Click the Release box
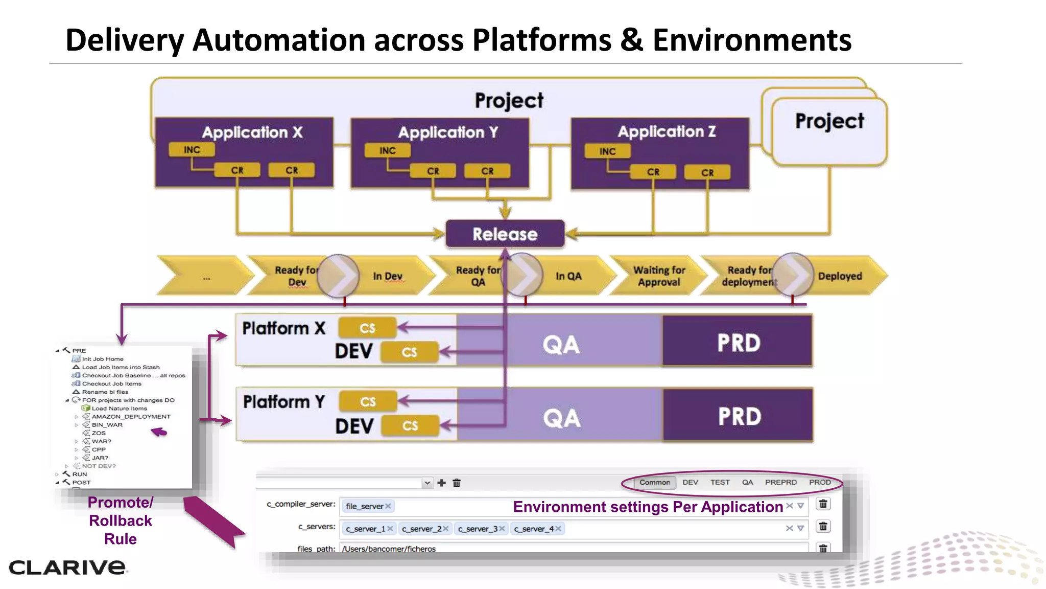[505, 234]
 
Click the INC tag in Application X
[192, 150]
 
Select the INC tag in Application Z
[607, 151]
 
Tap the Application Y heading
[448, 132]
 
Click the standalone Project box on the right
[829, 130]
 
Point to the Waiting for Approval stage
[659, 276]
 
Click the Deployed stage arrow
[840, 276]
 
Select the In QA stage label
[568, 276]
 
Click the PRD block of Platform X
[738, 342]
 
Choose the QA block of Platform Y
[561, 418]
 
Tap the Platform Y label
[284, 402]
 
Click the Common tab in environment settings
[654, 482]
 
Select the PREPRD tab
[780, 482]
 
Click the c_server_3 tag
[478, 529]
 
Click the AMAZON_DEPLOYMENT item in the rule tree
[131, 417]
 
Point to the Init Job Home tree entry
[103, 359]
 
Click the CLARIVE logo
[67, 567]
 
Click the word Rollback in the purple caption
[121, 520]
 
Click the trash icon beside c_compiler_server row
[823, 504]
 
